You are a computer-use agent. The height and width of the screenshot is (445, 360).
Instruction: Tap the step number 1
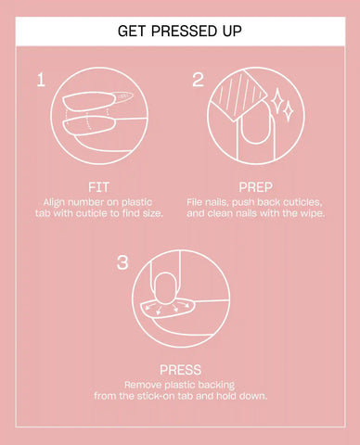[x=41, y=80]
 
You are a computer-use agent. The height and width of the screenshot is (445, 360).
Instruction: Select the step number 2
[x=198, y=80]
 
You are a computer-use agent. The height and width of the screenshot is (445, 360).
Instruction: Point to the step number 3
[x=122, y=263]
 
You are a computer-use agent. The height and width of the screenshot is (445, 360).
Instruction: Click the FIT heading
[x=98, y=187]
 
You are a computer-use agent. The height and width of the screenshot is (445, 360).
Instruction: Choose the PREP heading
[x=255, y=187]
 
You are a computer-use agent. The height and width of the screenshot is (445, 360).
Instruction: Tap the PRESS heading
[x=180, y=370]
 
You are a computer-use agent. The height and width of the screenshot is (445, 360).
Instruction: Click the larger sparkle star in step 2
[x=276, y=100]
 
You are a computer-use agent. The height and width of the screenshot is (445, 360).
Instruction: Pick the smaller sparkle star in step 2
[x=289, y=110]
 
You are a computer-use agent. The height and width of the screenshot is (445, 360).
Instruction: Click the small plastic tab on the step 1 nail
[x=123, y=96]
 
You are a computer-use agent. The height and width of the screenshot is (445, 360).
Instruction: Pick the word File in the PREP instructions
[x=194, y=202]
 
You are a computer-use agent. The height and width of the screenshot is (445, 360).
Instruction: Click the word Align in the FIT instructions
[x=54, y=203]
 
